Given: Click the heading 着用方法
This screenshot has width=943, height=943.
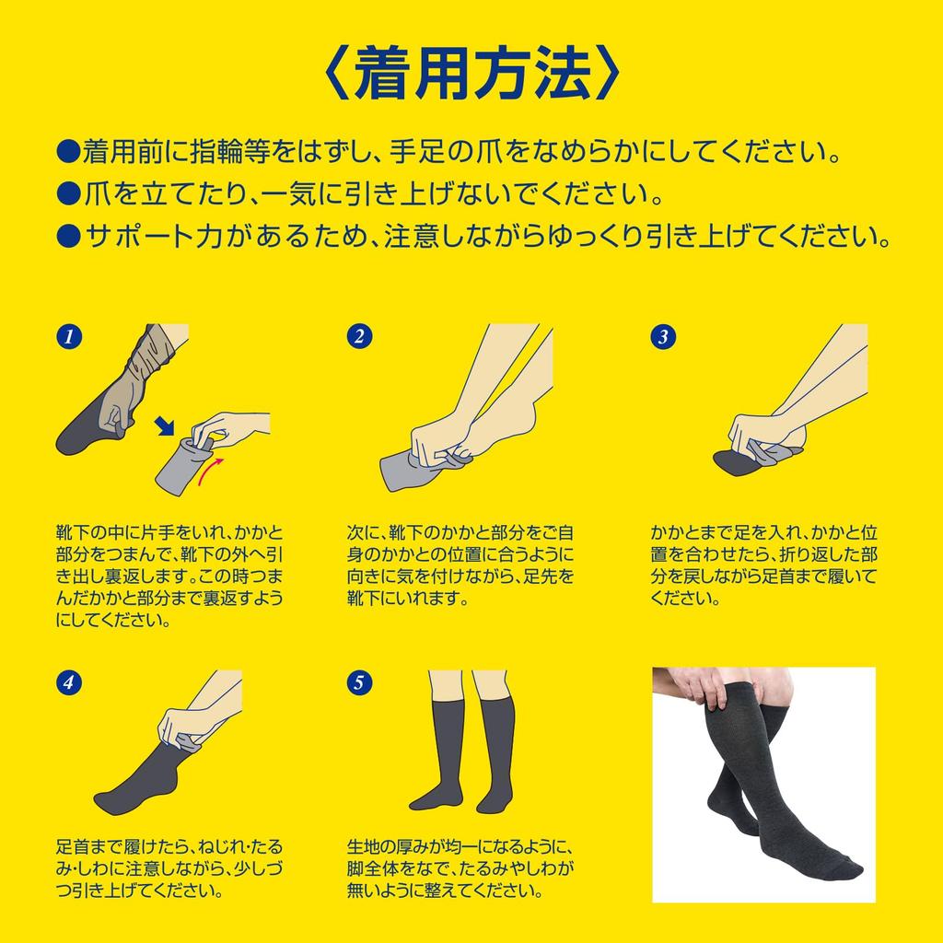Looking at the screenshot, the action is coord(472,74).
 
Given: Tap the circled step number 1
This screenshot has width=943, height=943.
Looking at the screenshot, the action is coord(69,336).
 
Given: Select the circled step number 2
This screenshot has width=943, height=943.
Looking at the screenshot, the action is coord(360,336).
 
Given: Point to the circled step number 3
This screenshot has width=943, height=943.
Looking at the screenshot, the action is coord(663,336).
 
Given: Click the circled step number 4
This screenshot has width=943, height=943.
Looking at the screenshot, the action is coord(69,682).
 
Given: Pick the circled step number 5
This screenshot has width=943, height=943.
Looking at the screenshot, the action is coord(360,682).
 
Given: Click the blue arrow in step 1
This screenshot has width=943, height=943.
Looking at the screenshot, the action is coord(164,425).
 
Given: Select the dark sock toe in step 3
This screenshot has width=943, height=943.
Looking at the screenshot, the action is coord(732,462).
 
